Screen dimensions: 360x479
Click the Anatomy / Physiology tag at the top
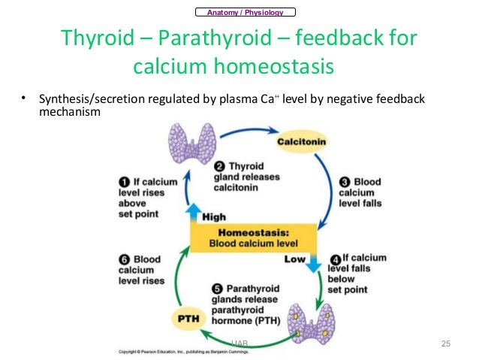pyautogui.click(x=244, y=11)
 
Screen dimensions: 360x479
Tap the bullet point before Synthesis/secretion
pyautogui.click(x=23, y=98)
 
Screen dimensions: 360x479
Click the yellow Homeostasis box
pyautogui.click(x=253, y=237)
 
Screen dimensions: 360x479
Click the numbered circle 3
pyautogui.click(x=345, y=181)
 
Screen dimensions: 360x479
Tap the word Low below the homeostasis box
pyautogui.click(x=294, y=258)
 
